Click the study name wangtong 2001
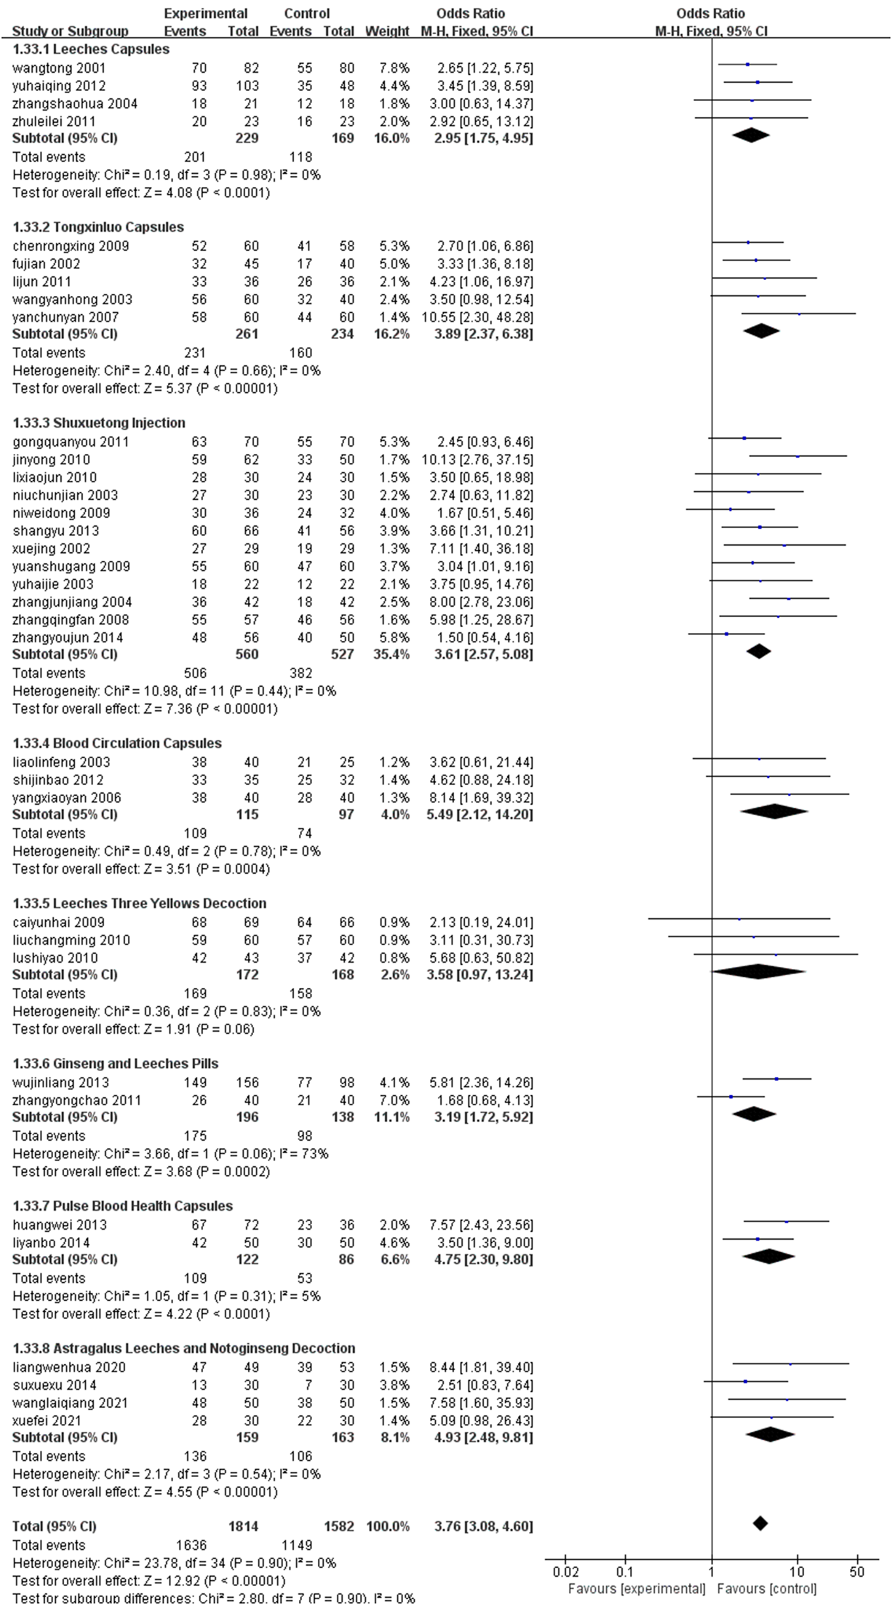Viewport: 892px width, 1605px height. pyautogui.click(x=58, y=68)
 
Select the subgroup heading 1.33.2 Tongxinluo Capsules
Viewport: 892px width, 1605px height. pyautogui.click(x=98, y=227)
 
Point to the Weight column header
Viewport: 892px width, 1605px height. pyautogui.click(x=387, y=31)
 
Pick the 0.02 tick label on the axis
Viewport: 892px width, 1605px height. pyautogui.click(x=565, y=1572)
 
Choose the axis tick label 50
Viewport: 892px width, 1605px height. pyautogui.click(x=857, y=1572)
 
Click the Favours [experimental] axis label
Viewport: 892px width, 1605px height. pyautogui.click(x=636, y=1589)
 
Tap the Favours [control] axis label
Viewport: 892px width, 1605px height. pyautogui.click(x=767, y=1589)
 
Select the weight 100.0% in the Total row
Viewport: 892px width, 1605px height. pyautogui.click(x=387, y=1526)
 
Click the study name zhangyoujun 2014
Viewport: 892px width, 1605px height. pyautogui.click(x=68, y=638)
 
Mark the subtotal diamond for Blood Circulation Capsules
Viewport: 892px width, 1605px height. pyautogui.click(x=774, y=811)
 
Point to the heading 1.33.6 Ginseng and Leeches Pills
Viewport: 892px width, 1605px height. pyautogui.click(x=115, y=1063)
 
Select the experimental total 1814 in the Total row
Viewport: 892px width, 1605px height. pyautogui.click(x=243, y=1526)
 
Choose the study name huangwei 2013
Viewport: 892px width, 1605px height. pyautogui.click(x=60, y=1225)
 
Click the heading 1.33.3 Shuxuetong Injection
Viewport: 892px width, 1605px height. pyautogui.click(x=99, y=422)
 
